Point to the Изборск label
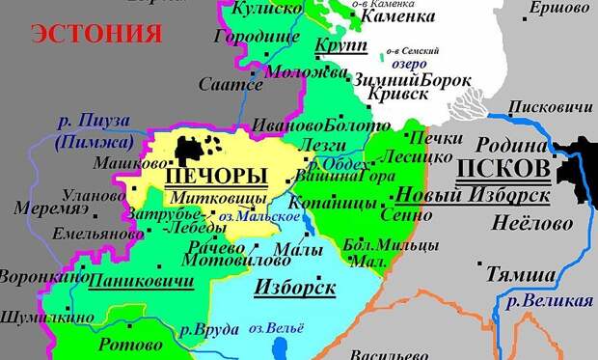click(x=294, y=287)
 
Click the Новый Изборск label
click(x=473, y=195)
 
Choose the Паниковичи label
click(x=141, y=281)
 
